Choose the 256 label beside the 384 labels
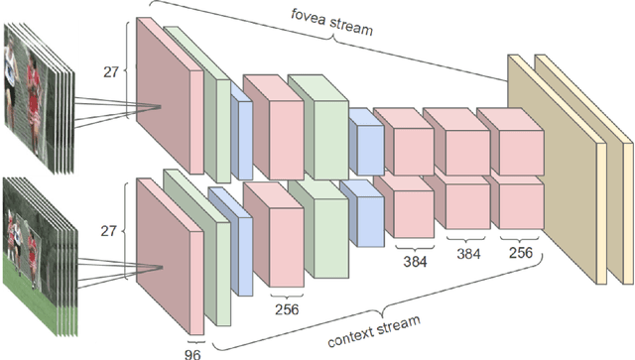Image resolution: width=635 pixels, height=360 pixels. tap(519, 253)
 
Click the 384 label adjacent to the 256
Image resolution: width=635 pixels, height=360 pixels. tap(466, 253)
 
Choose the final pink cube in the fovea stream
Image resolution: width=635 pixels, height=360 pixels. tap(519, 149)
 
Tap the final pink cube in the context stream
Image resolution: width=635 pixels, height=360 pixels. tap(519, 203)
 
